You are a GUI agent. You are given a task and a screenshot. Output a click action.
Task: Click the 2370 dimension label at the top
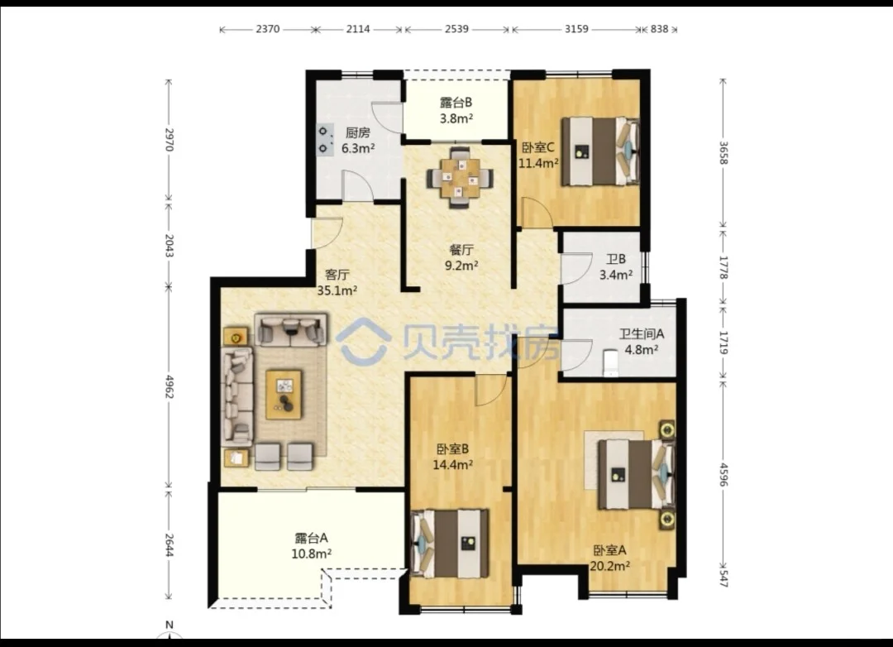[267, 28]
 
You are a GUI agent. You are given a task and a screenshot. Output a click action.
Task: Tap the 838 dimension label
[659, 28]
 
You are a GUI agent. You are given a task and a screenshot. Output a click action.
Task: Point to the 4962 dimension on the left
[169, 386]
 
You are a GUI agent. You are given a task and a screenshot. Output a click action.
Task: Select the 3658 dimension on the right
[723, 153]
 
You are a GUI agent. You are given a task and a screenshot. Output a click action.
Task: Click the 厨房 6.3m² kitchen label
[358, 141]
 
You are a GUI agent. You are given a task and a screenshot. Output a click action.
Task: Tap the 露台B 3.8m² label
[456, 111]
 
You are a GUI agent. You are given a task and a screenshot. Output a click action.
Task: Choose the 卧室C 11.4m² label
[538, 155]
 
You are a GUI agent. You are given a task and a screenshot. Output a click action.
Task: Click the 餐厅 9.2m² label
[461, 257]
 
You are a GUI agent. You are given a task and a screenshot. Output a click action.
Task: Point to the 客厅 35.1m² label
[337, 282]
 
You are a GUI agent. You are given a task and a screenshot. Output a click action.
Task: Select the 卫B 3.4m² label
[616, 266]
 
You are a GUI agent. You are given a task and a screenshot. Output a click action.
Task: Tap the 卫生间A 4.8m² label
[642, 342]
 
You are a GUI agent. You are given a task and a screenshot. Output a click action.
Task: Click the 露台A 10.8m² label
[312, 545]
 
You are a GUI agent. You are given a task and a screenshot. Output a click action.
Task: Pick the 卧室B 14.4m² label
[453, 456]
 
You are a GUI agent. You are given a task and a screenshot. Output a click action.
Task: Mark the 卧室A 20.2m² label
[610, 558]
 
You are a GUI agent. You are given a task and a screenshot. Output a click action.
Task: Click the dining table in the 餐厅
[461, 178]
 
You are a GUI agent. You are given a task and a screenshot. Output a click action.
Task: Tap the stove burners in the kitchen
[325, 140]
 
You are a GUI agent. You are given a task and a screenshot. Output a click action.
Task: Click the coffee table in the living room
[284, 395]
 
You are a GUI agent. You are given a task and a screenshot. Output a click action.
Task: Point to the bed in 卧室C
[599, 151]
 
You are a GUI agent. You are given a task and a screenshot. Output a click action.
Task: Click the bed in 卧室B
[450, 544]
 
